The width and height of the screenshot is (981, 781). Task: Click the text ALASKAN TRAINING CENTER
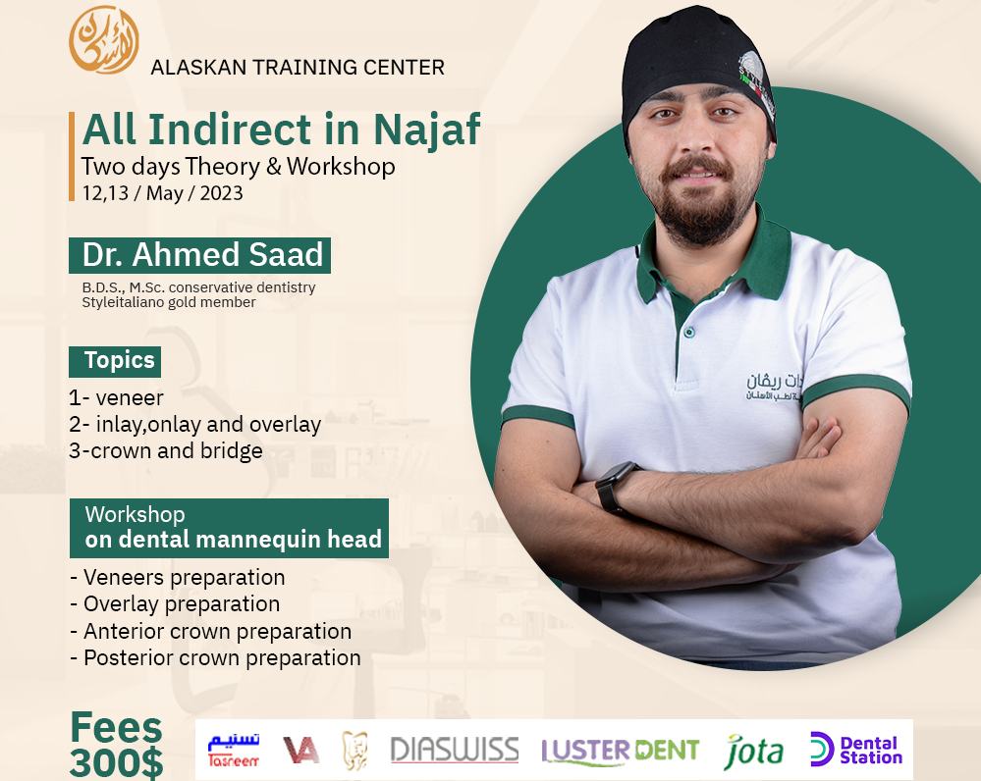click(297, 68)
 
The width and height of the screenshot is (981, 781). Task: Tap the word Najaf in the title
click(428, 130)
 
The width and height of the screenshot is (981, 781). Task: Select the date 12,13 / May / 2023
click(162, 192)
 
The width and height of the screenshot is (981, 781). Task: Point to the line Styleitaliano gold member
click(168, 303)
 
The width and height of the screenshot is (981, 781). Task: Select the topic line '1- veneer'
click(116, 397)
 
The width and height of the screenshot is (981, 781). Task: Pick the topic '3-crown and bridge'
click(166, 451)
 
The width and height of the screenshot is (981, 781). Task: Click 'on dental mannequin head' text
click(233, 540)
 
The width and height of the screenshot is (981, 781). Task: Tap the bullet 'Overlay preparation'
click(177, 603)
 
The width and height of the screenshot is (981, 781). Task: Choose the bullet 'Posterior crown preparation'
click(217, 657)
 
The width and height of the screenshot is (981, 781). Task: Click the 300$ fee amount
click(116, 763)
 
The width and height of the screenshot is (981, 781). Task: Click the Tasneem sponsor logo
click(234, 751)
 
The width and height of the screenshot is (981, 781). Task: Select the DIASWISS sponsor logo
click(454, 751)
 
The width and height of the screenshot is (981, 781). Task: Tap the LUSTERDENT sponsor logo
click(620, 752)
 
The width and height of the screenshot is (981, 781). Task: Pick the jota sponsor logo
click(754, 752)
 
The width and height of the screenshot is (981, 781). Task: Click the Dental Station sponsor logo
click(855, 751)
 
